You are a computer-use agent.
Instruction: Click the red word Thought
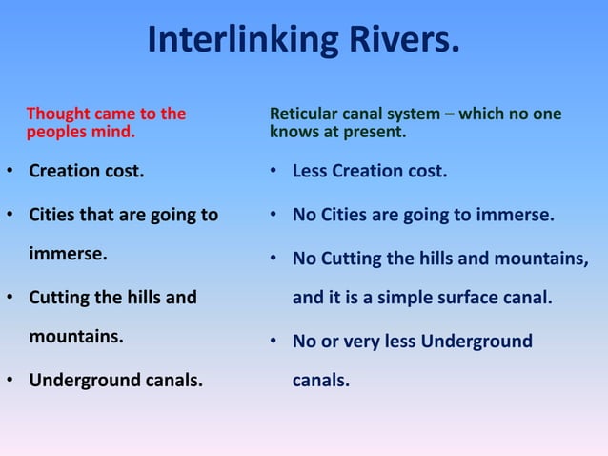[56, 114]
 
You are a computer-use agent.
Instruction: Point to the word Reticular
[304, 114]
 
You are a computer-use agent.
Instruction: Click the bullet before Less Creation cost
[273, 173]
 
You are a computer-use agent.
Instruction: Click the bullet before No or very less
[273, 342]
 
